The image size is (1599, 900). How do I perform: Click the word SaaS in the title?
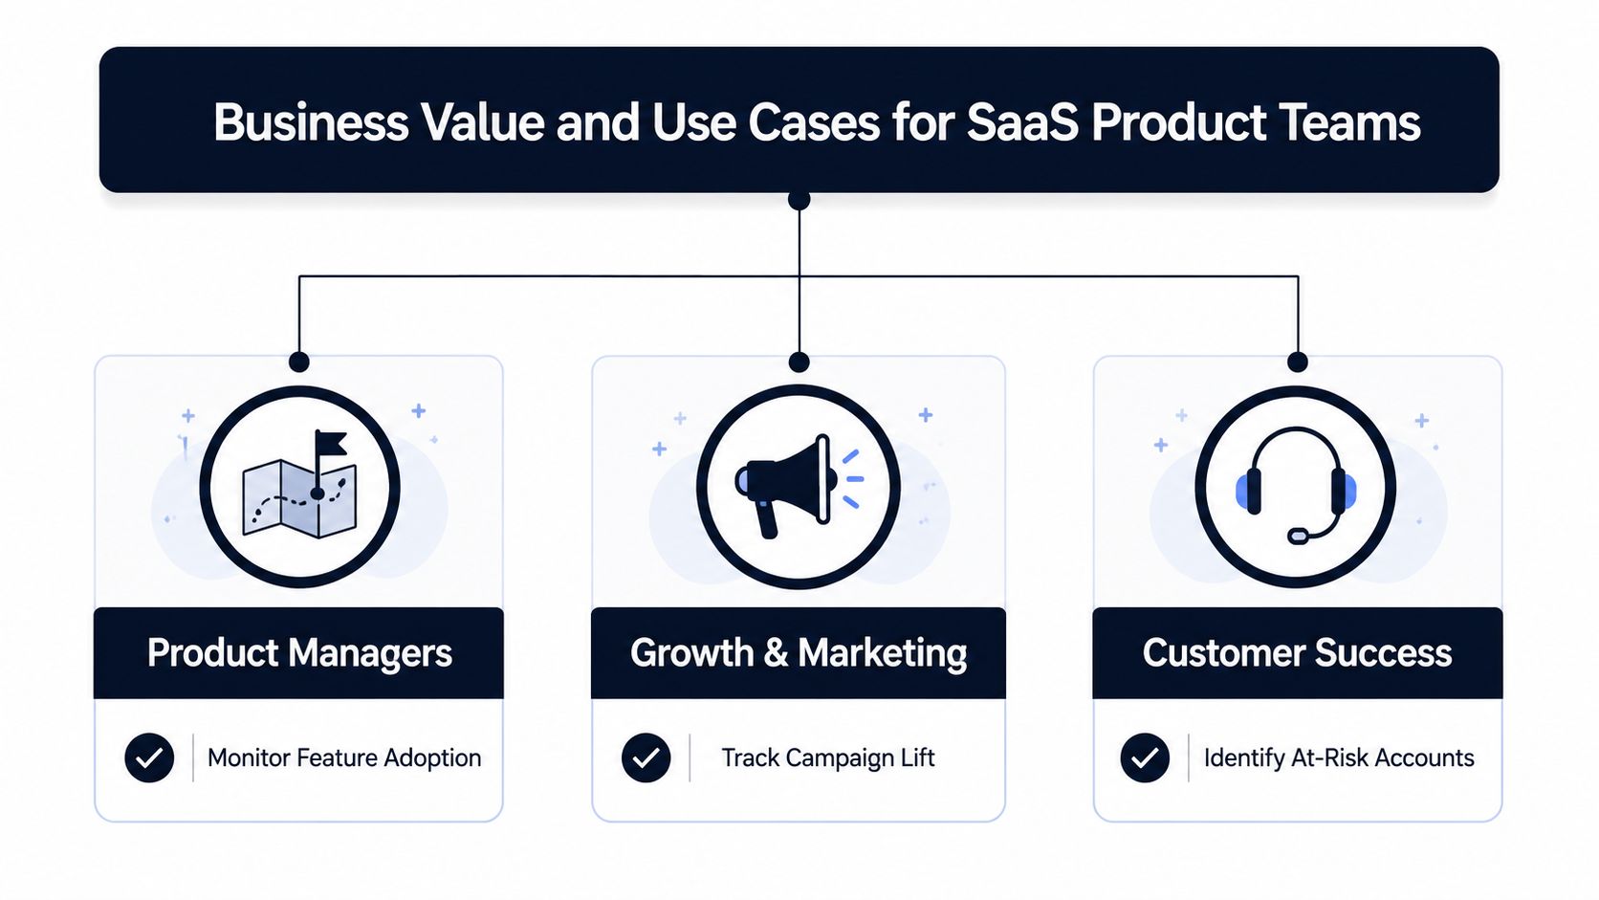pos(1021,122)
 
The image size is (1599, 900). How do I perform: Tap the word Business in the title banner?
pos(311,122)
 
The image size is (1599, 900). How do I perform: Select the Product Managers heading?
pos(299,652)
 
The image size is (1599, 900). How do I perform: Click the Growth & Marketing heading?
pos(799,652)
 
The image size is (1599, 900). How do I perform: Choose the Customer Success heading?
pos(1297,652)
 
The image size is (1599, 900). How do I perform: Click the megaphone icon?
pos(799,486)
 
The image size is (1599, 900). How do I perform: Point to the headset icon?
pos(1296,485)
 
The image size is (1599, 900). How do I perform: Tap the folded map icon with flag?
pos(300,484)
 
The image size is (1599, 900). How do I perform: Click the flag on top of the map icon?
pos(331,443)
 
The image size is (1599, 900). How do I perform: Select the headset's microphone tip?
pos(1298,536)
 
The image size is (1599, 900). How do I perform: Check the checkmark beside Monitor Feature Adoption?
pos(149,757)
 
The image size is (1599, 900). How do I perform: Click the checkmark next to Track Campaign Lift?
pos(646,757)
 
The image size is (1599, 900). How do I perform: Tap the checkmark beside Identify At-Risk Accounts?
pos(1145,757)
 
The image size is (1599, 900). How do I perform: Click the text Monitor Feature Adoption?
pos(344,757)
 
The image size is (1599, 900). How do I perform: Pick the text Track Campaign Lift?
pos(827,757)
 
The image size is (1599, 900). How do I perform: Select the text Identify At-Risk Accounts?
pos(1339,757)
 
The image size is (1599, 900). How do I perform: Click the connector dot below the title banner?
pos(799,200)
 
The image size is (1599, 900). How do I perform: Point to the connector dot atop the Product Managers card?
pos(299,362)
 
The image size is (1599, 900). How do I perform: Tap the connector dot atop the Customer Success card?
pos(1297,362)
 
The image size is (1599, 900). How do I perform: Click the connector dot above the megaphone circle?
pos(799,362)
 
